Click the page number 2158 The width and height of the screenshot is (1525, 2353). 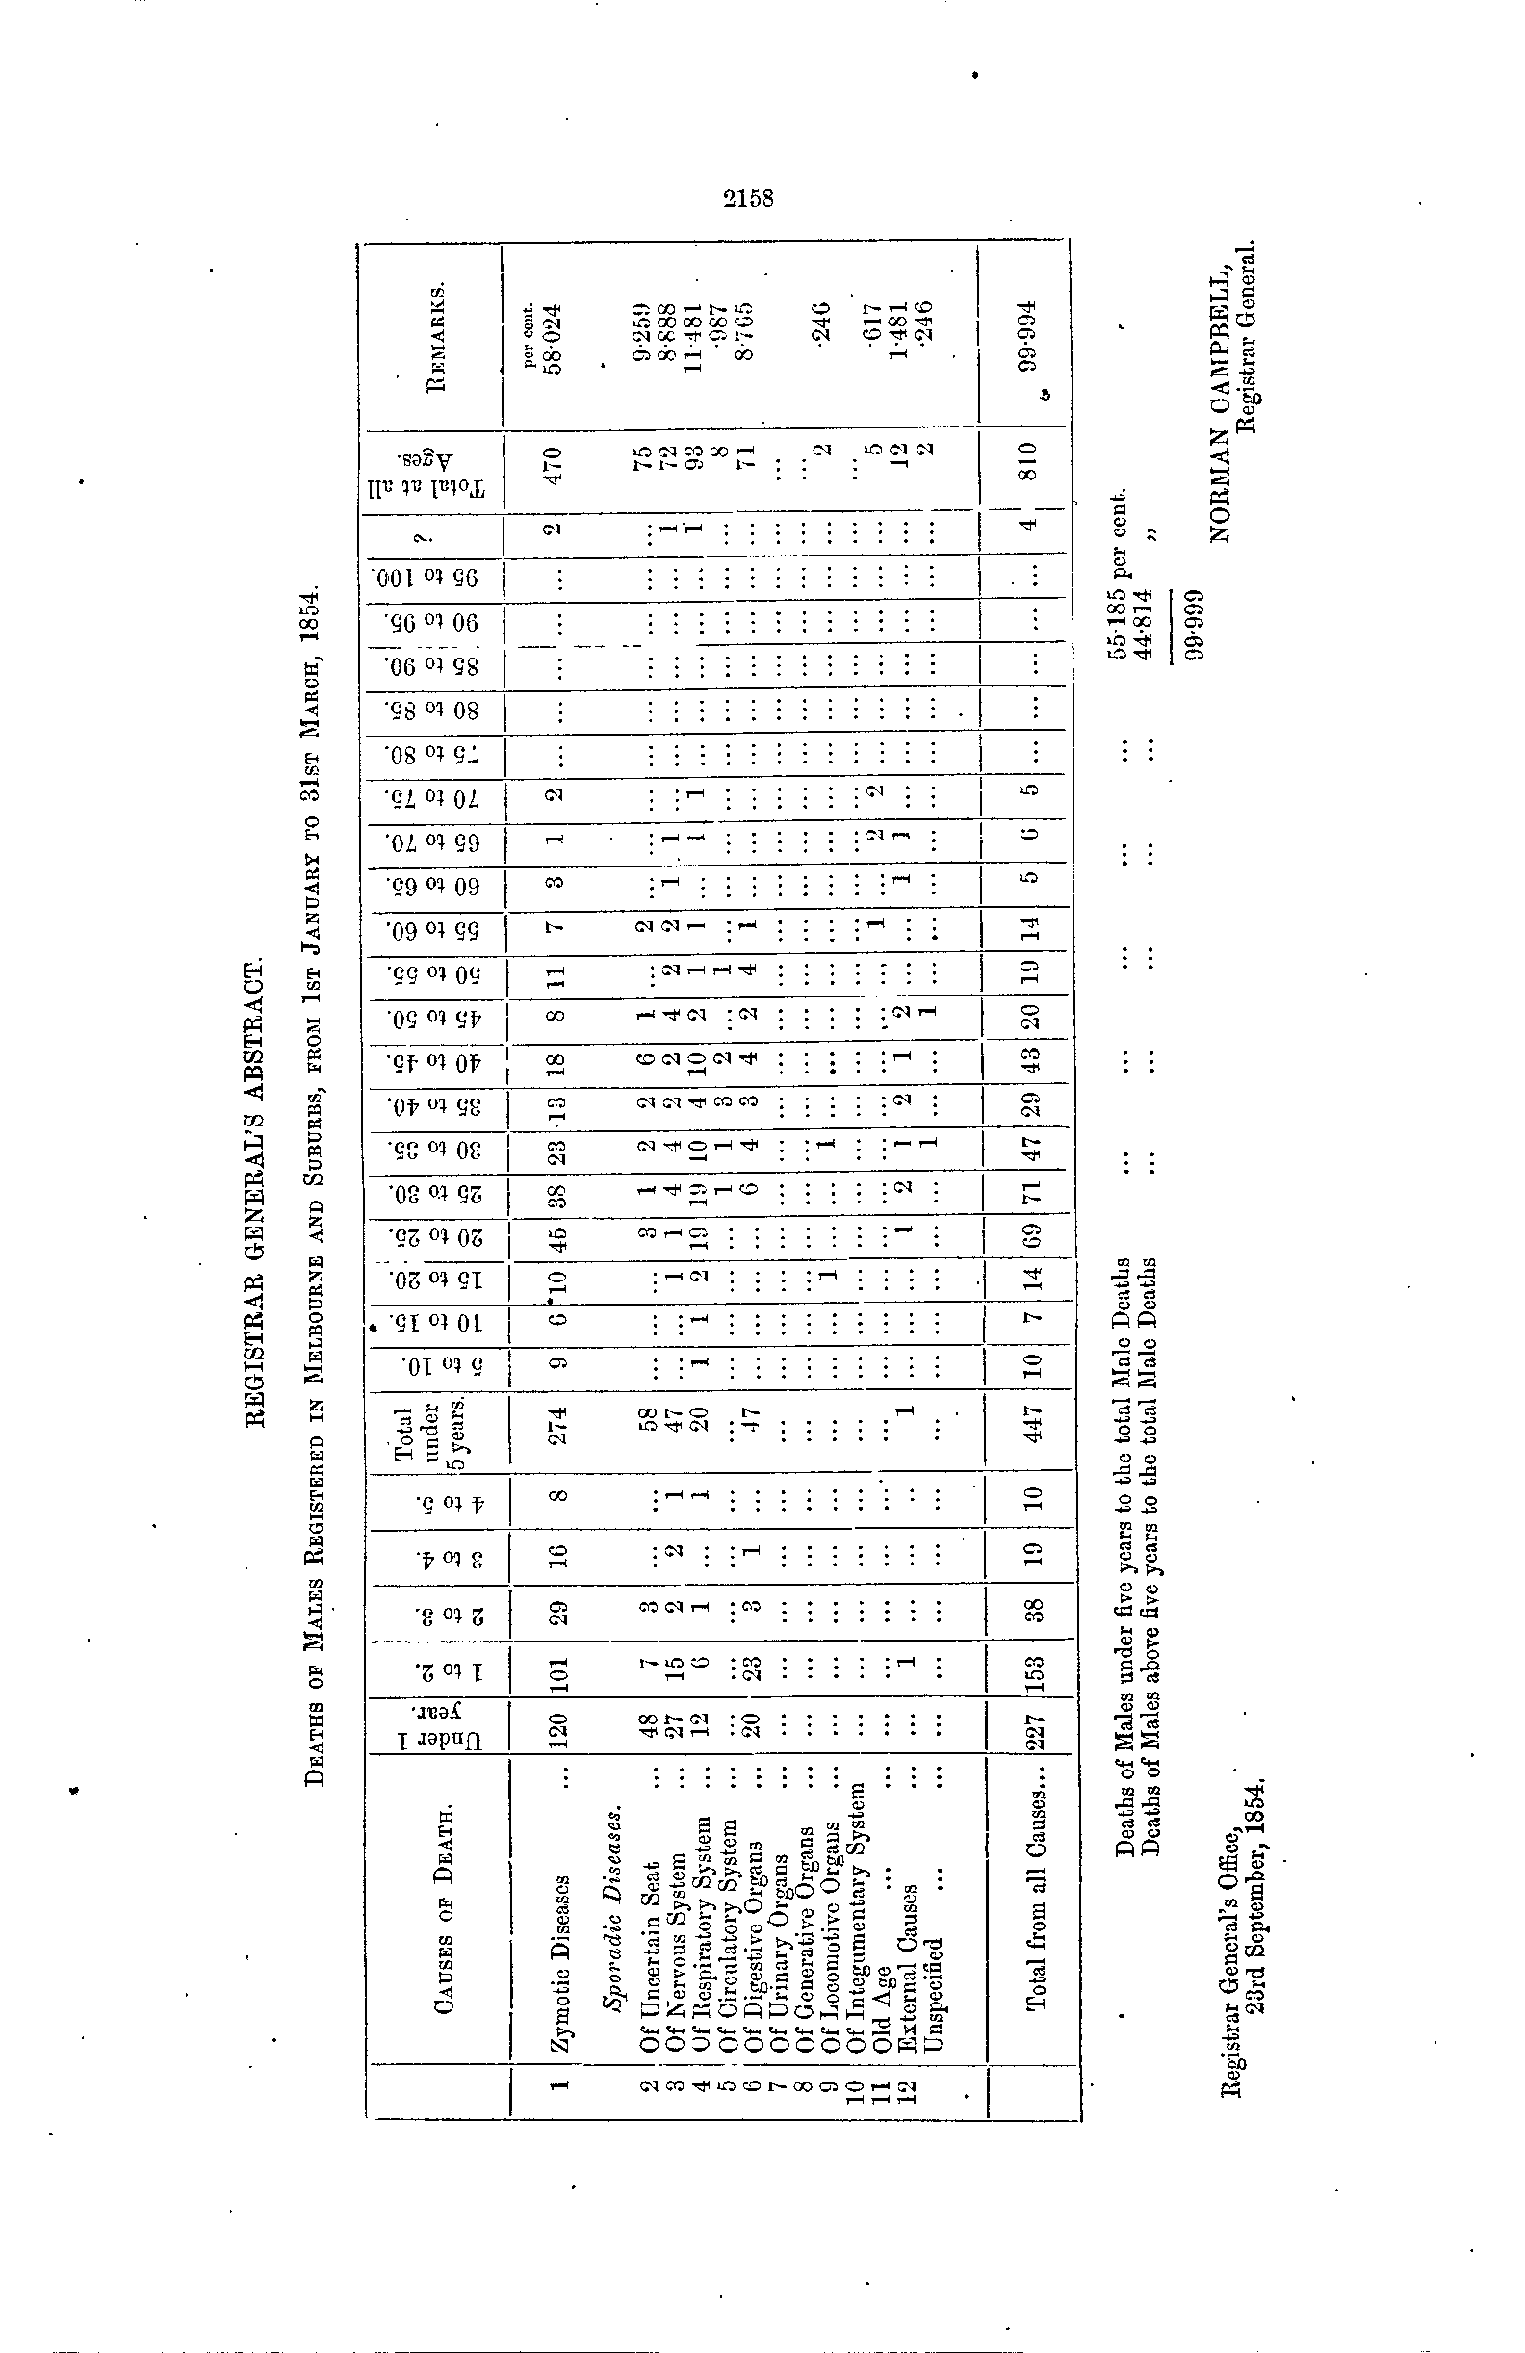(747, 197)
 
